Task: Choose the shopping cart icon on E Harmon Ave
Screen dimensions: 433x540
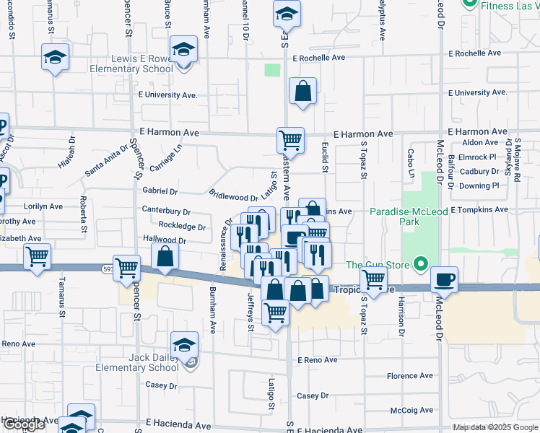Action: (290, 139)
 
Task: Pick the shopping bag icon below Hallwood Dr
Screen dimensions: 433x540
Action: (165, 257)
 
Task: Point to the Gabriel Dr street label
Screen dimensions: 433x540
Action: (160, 191)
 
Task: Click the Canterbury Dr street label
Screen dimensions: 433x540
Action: (166, 212)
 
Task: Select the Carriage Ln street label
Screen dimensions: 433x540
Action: (166, 158)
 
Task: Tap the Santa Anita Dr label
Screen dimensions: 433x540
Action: (106, 159)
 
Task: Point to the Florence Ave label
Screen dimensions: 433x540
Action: (409, 376)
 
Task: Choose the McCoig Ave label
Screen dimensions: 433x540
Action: (411, 411)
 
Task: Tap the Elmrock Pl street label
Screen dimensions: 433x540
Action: (478, 157)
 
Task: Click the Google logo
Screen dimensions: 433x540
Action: (24, 425)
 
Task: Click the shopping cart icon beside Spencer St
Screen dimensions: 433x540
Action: (127, 267)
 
